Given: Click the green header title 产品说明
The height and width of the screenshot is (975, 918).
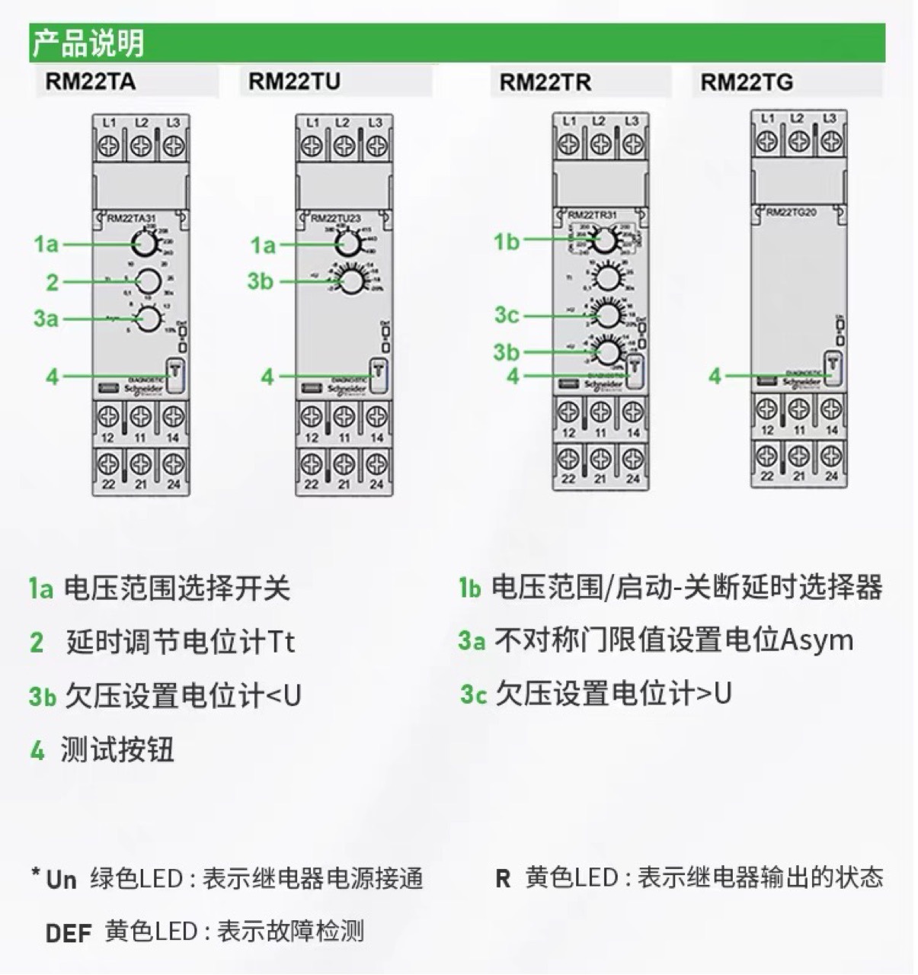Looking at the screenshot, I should point(88,43).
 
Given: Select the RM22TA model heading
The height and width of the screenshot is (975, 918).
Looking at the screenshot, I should point(90,82).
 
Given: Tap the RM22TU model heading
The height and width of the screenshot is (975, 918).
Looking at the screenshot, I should point(294,82).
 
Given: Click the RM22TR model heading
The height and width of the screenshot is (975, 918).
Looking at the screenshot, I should point(545,82).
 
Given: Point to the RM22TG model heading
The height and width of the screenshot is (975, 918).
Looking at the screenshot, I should point(746,82).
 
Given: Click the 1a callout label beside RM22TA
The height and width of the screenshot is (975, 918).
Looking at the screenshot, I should point(46,244).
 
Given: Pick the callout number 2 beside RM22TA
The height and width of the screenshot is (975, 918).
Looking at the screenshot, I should point(52,283).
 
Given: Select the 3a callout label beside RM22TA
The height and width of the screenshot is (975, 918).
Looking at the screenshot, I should point(46,319).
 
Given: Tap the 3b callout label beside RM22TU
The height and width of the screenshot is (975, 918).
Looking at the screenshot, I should point(260,281).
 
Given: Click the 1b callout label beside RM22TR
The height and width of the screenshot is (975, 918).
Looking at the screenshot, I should point(507,242).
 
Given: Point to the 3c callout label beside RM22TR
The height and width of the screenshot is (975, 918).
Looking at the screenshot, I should point(507,314).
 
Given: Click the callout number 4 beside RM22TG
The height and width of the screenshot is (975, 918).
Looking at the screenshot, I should point(714,376).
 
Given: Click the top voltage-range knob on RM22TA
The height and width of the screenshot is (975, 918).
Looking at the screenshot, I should point(142,244).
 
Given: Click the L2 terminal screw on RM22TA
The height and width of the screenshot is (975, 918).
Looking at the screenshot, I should point(141,146).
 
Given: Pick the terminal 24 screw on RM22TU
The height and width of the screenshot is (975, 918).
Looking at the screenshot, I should point(376,463).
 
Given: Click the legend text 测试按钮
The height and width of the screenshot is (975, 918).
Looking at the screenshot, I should point(117,750).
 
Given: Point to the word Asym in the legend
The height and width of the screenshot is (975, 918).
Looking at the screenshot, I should point(817,640).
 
